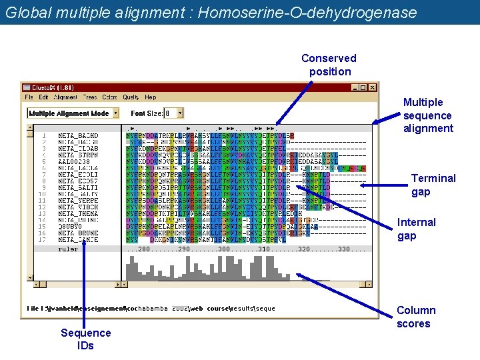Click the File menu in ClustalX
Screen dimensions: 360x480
tap(29, 97)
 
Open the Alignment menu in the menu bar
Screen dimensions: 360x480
tap(65, 97)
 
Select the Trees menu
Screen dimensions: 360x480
tap(89, 97)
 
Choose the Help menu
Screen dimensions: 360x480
tap(151, 97)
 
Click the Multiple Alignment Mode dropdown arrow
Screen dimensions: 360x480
tap(115, 113)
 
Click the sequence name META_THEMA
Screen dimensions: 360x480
tap(77, 213)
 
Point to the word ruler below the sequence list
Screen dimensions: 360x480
tap(68, 249)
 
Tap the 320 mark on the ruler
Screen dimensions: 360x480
tap(305, 249)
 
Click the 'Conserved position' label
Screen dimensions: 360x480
tap(329, 65)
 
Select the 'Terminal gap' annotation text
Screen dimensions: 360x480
tap(433, 185)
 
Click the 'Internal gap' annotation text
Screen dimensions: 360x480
tap(416, 229)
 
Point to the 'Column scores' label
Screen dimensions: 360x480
tap(415, 317)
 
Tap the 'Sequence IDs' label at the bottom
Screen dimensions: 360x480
tap(85, 339)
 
